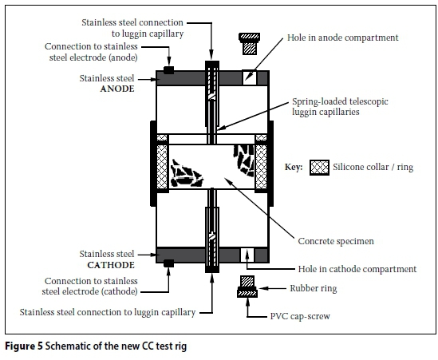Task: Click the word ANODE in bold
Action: pyautogui.click(x=117, y=89)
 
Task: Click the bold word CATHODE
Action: pyautogui.click(x=111, y=265)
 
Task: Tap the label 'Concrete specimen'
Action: pyautogui.click(x=336, y=241)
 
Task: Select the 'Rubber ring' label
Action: pyautogui.click(x=314, y=288)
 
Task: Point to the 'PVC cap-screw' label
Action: pyautogui.click(x=300, y=316)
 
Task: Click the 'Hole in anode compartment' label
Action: pyautogui.click(x=343, y=38)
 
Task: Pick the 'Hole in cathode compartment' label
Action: pyautogui.click(x=357, y=269)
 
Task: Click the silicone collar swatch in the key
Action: pyautogui.click(x=320, y=168)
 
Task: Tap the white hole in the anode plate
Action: pyautogui.click(x=249, y=77)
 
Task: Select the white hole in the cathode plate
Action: pyautogui.click(x=247, y=255)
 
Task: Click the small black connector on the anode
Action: pyautogui.click(x=168, y=70)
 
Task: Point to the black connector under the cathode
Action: pyautogui.click(x=168, y=263)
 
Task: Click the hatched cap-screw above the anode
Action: pyautogui.click(x=249, y=43)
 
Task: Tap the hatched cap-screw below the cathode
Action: pyautogui.click(x=247, y=287)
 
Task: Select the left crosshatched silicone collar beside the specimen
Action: pyautogui.click(x=162, y=167)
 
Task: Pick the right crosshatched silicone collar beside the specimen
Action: pyautogui.click(x=261, y=167)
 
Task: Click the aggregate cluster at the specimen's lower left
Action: pyautogui.click(x=187, y=174)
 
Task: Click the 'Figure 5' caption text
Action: pyautogui.click(x=24, y=346)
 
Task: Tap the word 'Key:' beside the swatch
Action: pyautogui.click(x=294, y=167)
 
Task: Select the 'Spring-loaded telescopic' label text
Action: pyautogui.click(x=340, y=101)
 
